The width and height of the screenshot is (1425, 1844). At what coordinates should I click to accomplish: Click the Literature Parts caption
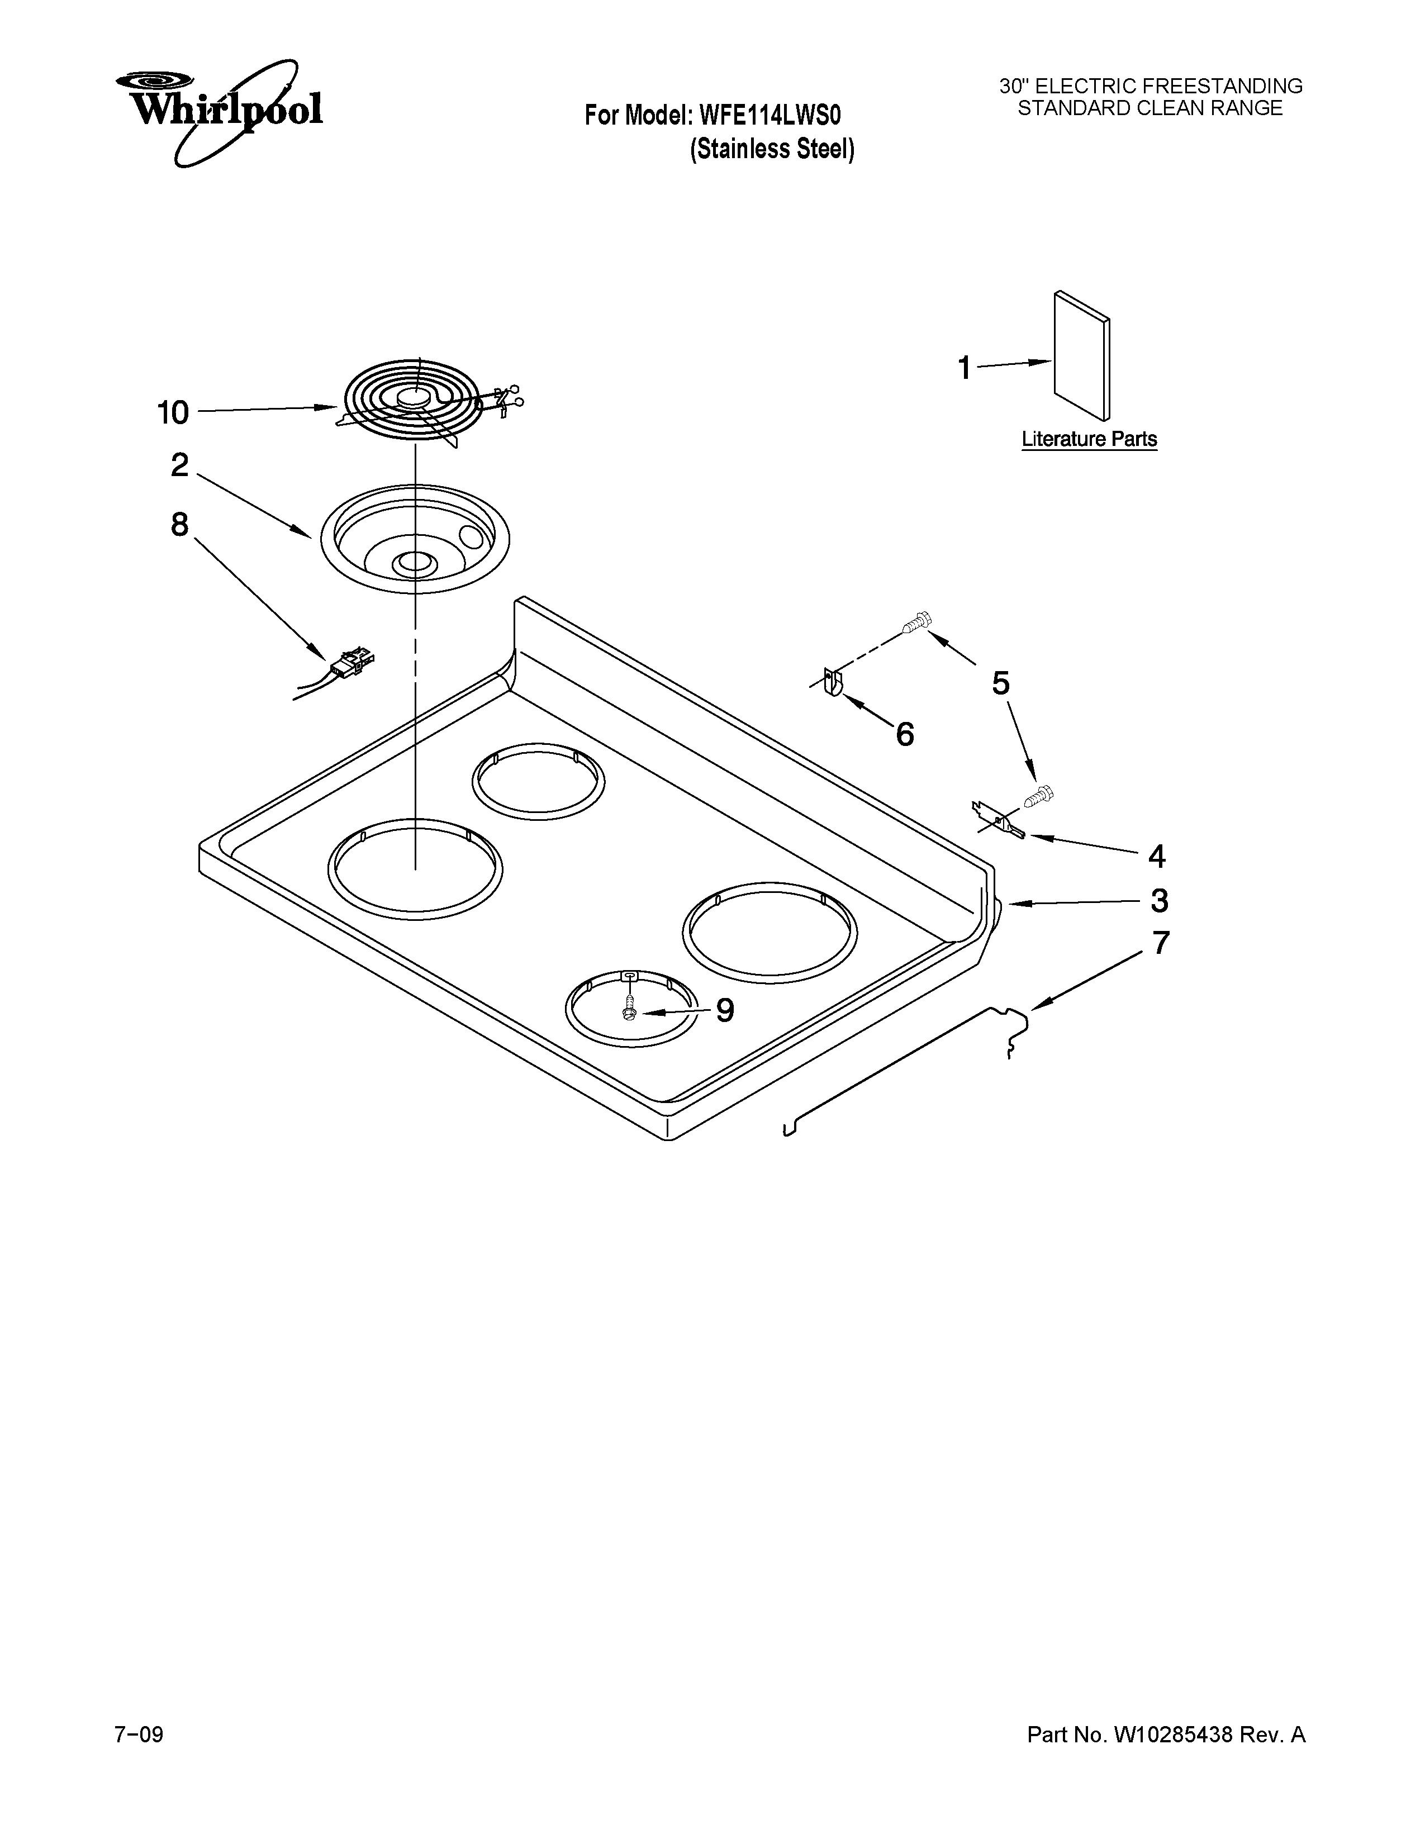[x=1089, y=440]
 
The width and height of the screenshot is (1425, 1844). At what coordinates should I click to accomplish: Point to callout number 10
[x=173, y=413]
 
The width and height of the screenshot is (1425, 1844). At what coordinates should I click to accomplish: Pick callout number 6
[x=904, y=735]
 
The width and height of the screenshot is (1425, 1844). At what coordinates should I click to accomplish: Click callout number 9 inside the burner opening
[x=724, y=1010]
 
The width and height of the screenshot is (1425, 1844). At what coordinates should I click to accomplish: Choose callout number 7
[x=1161, y=943]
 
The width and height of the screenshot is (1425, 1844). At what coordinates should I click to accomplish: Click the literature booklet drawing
[x=1081, y=355]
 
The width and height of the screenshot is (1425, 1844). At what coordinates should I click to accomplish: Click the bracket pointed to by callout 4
[x=999, y=820]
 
